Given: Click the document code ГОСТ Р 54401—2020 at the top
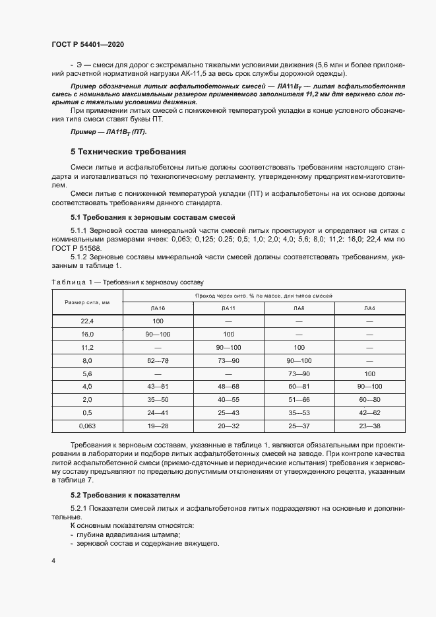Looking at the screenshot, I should pos(88,44).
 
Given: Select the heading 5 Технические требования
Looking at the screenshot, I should pos(129,151).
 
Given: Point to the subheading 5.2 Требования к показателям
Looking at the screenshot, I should pos(125,494).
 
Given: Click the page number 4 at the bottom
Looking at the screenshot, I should pos(53,561).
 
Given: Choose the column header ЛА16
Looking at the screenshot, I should pos(158,308).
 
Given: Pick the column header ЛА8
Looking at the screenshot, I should pos(299,308).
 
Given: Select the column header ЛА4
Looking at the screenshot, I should pos(369,308).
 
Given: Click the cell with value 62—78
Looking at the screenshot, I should pos(158,360).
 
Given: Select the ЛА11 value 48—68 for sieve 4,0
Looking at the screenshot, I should pos(228,386).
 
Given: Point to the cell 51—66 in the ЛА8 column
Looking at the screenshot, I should pos(299,399).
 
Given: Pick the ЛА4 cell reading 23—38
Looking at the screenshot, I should pos(369,426).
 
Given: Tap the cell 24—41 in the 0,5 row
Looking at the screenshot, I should pos(158,412).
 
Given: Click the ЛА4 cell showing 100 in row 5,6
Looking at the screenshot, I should pos(369,373).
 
